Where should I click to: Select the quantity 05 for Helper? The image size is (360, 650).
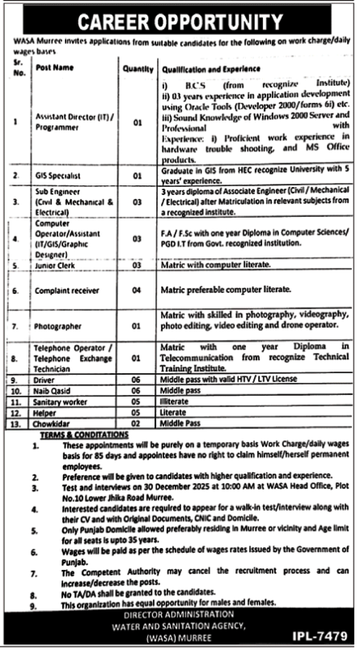138,410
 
